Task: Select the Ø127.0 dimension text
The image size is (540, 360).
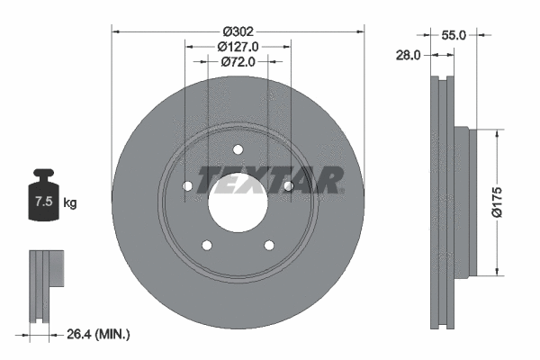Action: point(238,46)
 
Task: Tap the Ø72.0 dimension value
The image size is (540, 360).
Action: point(238,62)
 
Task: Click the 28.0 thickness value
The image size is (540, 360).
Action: point(409,55)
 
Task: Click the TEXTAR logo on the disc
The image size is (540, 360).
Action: point(270,180)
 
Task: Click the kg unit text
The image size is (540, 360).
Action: point(70,203)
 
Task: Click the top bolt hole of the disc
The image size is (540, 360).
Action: point(238,149)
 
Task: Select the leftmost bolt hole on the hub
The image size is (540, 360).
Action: point(187,186)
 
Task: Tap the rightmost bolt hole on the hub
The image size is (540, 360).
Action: point(288,186)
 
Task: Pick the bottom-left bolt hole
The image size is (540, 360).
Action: point(207,245)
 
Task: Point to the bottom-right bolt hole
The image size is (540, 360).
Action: point(268,245)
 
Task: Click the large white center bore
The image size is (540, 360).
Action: point(238,202)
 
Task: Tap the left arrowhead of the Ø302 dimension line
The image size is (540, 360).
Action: point(115,31)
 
